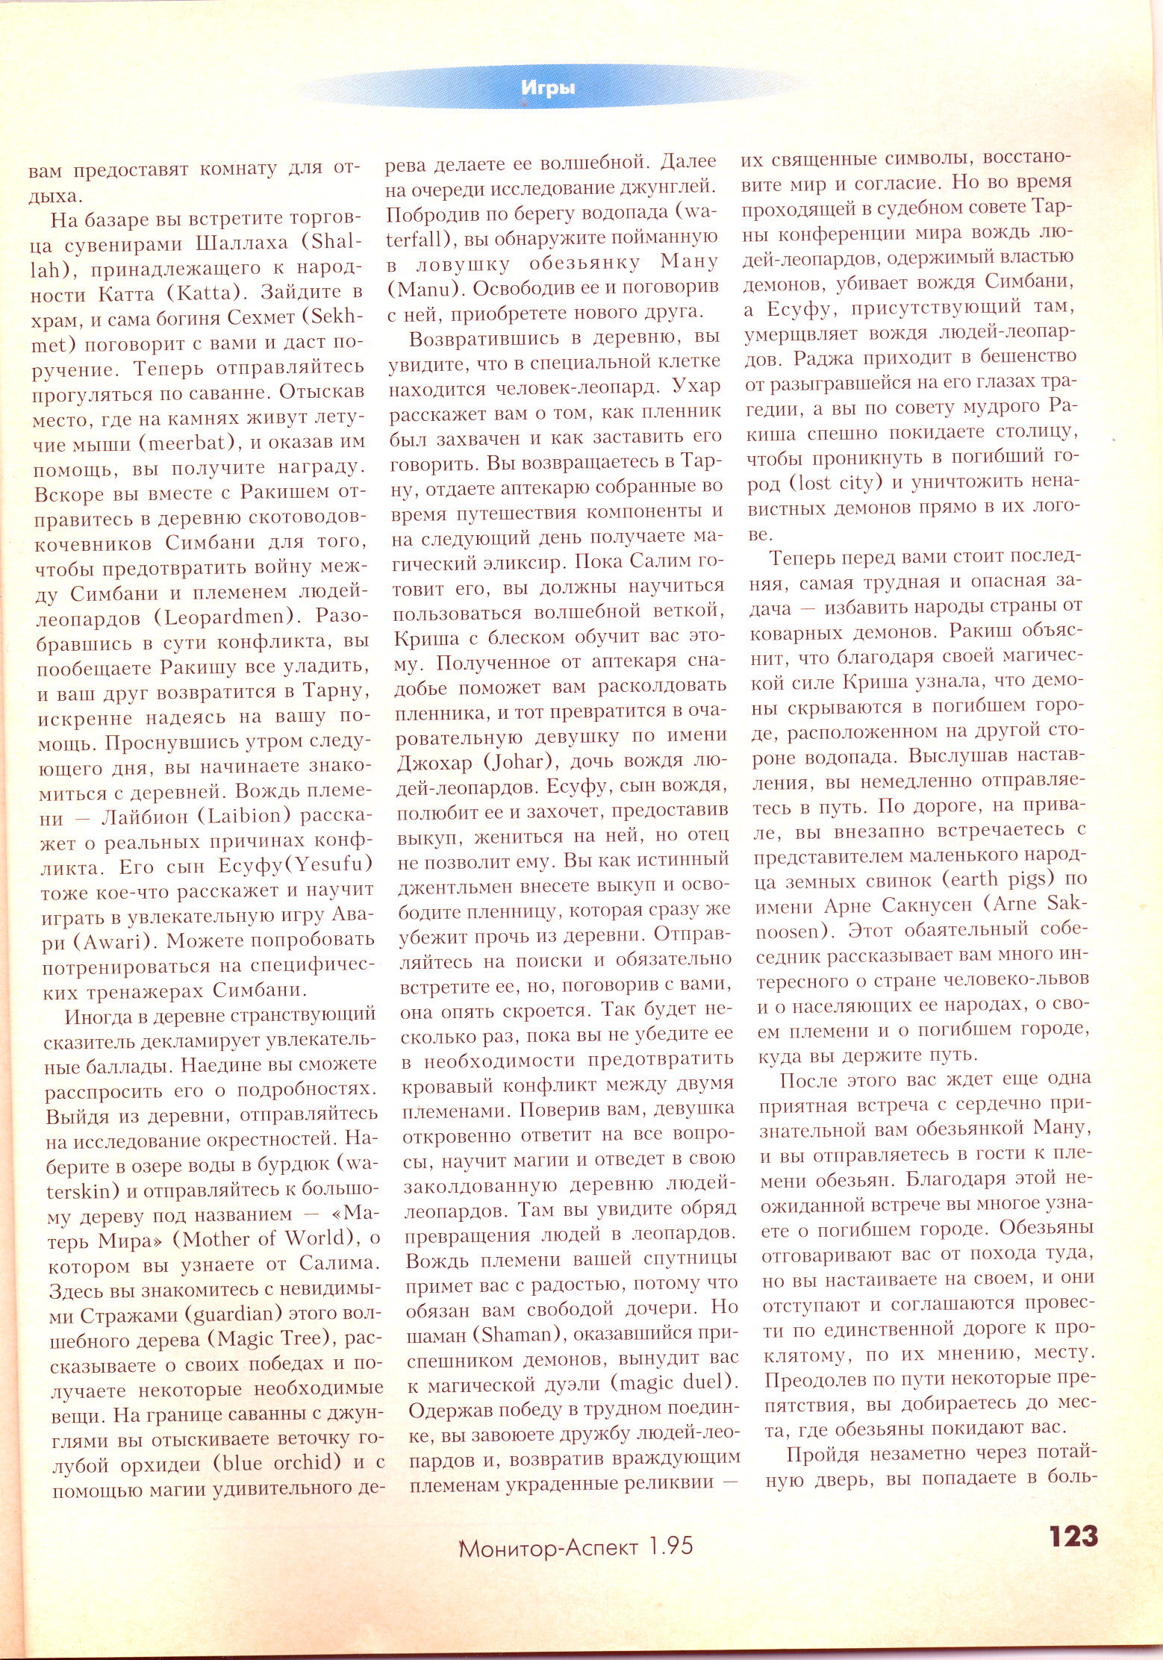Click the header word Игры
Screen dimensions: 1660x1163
tap(548, 88)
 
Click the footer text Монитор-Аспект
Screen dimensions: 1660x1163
tap(550, 1547)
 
